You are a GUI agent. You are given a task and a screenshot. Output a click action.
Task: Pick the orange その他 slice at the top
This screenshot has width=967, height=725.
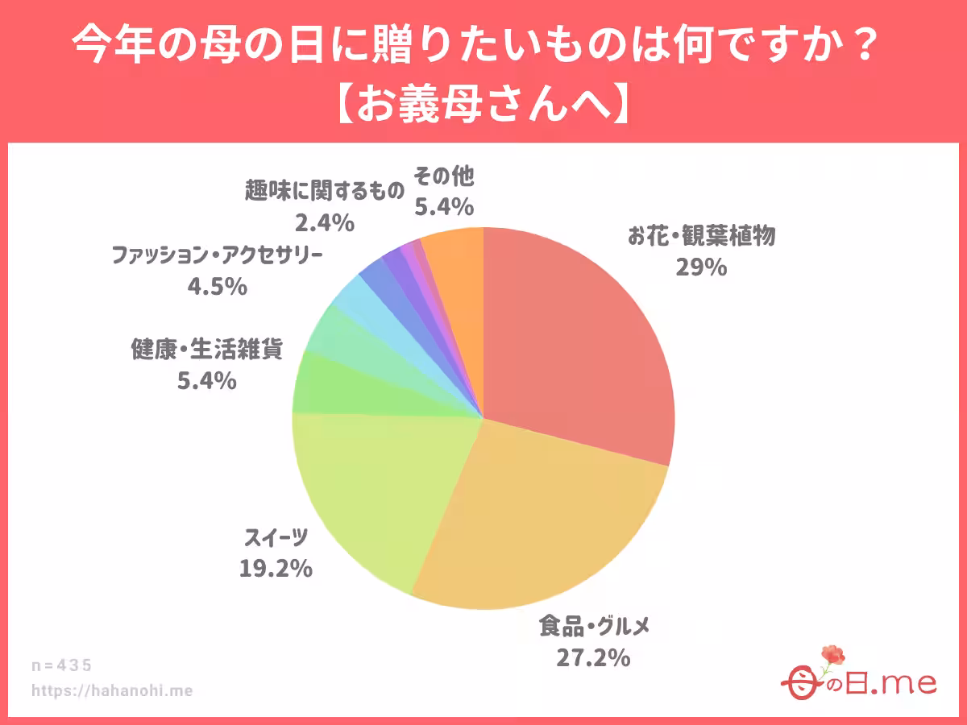(x=455, y=258)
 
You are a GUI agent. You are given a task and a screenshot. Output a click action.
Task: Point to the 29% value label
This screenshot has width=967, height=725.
(x=702, y=267)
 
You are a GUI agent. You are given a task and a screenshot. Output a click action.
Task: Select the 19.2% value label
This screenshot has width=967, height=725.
(x=276, y=569)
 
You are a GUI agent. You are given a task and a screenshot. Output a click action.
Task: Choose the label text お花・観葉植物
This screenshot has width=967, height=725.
(x=701, y=236)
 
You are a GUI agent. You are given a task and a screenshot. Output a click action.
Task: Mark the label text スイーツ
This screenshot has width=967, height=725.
(x=276, y=538)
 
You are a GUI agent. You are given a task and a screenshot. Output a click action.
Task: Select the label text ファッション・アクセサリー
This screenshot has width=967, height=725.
(x=217, y=255)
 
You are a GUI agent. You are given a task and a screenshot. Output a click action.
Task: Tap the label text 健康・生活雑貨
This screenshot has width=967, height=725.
(x=207, y=349)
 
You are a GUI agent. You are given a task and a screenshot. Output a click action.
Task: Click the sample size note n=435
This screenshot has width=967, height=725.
(x=62, y=665)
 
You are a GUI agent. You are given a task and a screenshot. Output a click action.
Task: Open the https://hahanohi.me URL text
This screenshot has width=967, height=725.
(x=112, y=690)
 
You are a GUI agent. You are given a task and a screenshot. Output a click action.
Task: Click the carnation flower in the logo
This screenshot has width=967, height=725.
(x=832, y=656)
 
